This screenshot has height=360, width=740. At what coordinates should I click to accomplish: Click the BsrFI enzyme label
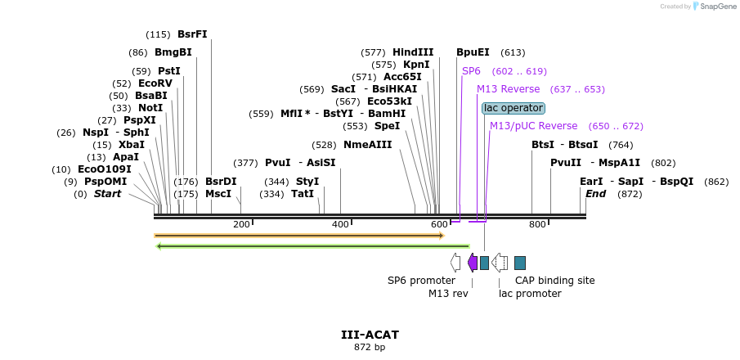tap(192, 34)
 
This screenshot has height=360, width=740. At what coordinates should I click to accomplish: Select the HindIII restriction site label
tap(413, 52)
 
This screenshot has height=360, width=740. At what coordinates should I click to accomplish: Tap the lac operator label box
tap(513, 108)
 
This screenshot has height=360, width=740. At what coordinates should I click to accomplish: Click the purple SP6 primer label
tap(472, 71)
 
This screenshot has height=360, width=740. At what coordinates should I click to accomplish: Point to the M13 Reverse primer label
tap(508, 89)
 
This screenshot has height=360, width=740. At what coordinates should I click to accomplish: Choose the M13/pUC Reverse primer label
tap(533, 126)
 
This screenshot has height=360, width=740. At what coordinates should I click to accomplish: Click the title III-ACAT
tap(370, 335)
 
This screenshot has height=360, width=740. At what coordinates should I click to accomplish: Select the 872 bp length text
tap(370, 348)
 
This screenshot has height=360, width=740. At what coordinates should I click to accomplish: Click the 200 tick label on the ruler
tap(241, 224)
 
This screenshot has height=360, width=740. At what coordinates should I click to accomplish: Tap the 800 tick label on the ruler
tap(537, 224)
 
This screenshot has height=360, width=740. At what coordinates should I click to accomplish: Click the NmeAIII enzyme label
tap(367, 145)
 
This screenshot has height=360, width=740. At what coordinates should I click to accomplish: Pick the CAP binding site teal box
tap(520, 263)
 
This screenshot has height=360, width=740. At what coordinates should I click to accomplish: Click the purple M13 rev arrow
tap(473, 263)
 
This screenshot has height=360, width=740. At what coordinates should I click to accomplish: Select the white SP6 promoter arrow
tap(455, 263)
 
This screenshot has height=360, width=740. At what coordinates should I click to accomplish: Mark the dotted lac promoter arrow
tap(500, 263)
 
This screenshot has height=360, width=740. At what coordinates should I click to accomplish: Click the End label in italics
tap(596, 194)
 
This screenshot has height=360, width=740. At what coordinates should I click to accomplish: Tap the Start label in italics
tap(107, 194)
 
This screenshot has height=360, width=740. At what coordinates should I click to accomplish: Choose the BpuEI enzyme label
tap(473, 52)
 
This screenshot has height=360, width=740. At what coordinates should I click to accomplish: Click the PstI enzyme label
tap(169, 71)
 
